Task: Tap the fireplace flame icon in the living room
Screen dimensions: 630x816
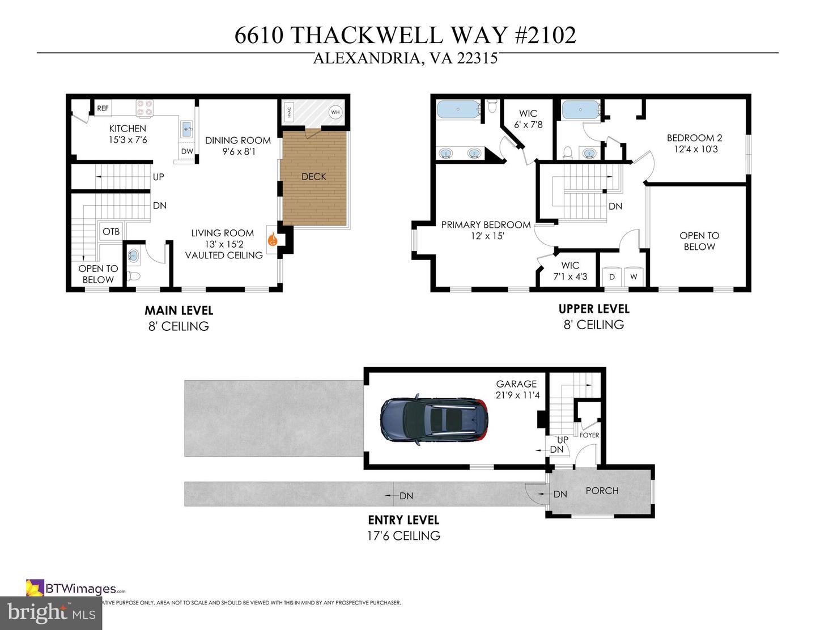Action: (x=273, y=240)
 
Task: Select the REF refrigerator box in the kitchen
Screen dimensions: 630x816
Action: (x=103, y=108)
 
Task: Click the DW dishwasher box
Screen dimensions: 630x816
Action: (x=187, y=152)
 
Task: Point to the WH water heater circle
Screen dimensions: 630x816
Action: (x=335, y=112)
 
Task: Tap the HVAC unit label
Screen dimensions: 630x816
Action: (x=289, y=112)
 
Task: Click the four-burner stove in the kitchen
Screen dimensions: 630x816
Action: (x=144, y=108)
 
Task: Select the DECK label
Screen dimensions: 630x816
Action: (x=314, y=177)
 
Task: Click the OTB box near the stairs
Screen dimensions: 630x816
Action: (x=111, y=232)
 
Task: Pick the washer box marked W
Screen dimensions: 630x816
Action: (x=634, y=277)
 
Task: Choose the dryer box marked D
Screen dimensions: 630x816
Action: (x=611, y=277)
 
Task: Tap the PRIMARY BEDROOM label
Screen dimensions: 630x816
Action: (x=486, y=225)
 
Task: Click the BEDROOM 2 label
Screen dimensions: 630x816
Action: (x=694, y=138)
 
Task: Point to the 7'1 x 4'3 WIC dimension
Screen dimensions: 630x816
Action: (x=570, y=277)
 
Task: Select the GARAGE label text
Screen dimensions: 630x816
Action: (x=516, y=384)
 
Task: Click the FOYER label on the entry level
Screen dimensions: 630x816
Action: (x=589, y=435)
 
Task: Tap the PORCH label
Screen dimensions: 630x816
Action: (x=602, y=491)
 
